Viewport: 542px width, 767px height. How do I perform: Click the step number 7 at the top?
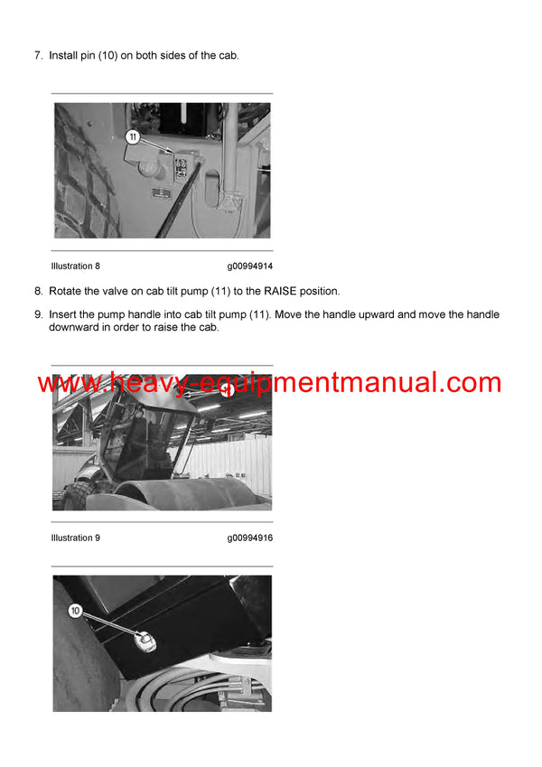point(38,56)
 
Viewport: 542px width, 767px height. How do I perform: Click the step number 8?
point(38,291)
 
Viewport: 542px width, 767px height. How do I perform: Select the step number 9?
point(38,314)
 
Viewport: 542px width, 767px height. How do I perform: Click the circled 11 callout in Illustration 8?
point(133,137)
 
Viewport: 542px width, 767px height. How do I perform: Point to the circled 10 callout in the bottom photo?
point(75,611)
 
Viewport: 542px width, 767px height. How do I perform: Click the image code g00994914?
point(249,267)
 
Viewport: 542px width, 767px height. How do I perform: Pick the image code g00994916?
point(249,538)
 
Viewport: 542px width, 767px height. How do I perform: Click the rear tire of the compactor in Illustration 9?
point(76,493)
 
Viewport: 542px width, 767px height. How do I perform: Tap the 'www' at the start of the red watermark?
point(60,384)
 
